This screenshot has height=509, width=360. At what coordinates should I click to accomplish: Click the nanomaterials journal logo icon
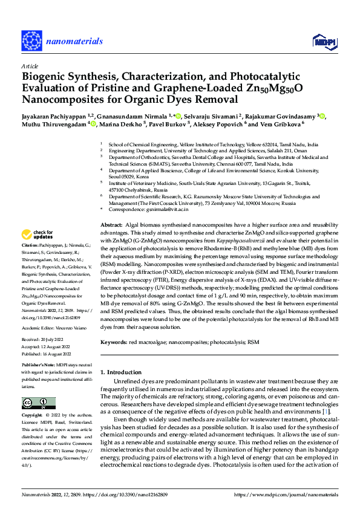31,41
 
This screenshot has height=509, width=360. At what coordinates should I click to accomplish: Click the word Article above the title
30,66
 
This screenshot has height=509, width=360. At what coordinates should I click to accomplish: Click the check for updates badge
38,235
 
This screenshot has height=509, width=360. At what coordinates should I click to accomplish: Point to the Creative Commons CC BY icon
38,403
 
